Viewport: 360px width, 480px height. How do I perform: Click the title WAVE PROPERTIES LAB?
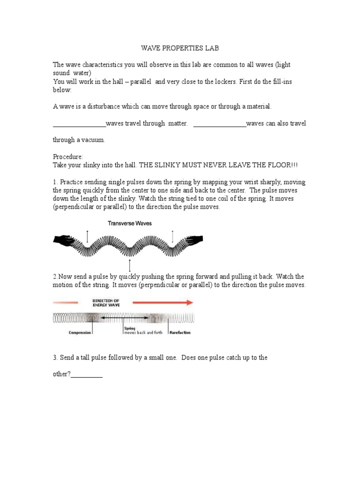180,48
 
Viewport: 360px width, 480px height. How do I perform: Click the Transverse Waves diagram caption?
130,224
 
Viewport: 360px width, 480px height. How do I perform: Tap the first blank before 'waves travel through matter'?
79,124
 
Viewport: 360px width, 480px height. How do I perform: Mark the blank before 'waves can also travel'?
219,124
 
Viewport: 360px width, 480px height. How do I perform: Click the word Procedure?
68,157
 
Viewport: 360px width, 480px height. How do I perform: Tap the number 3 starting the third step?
54,358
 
